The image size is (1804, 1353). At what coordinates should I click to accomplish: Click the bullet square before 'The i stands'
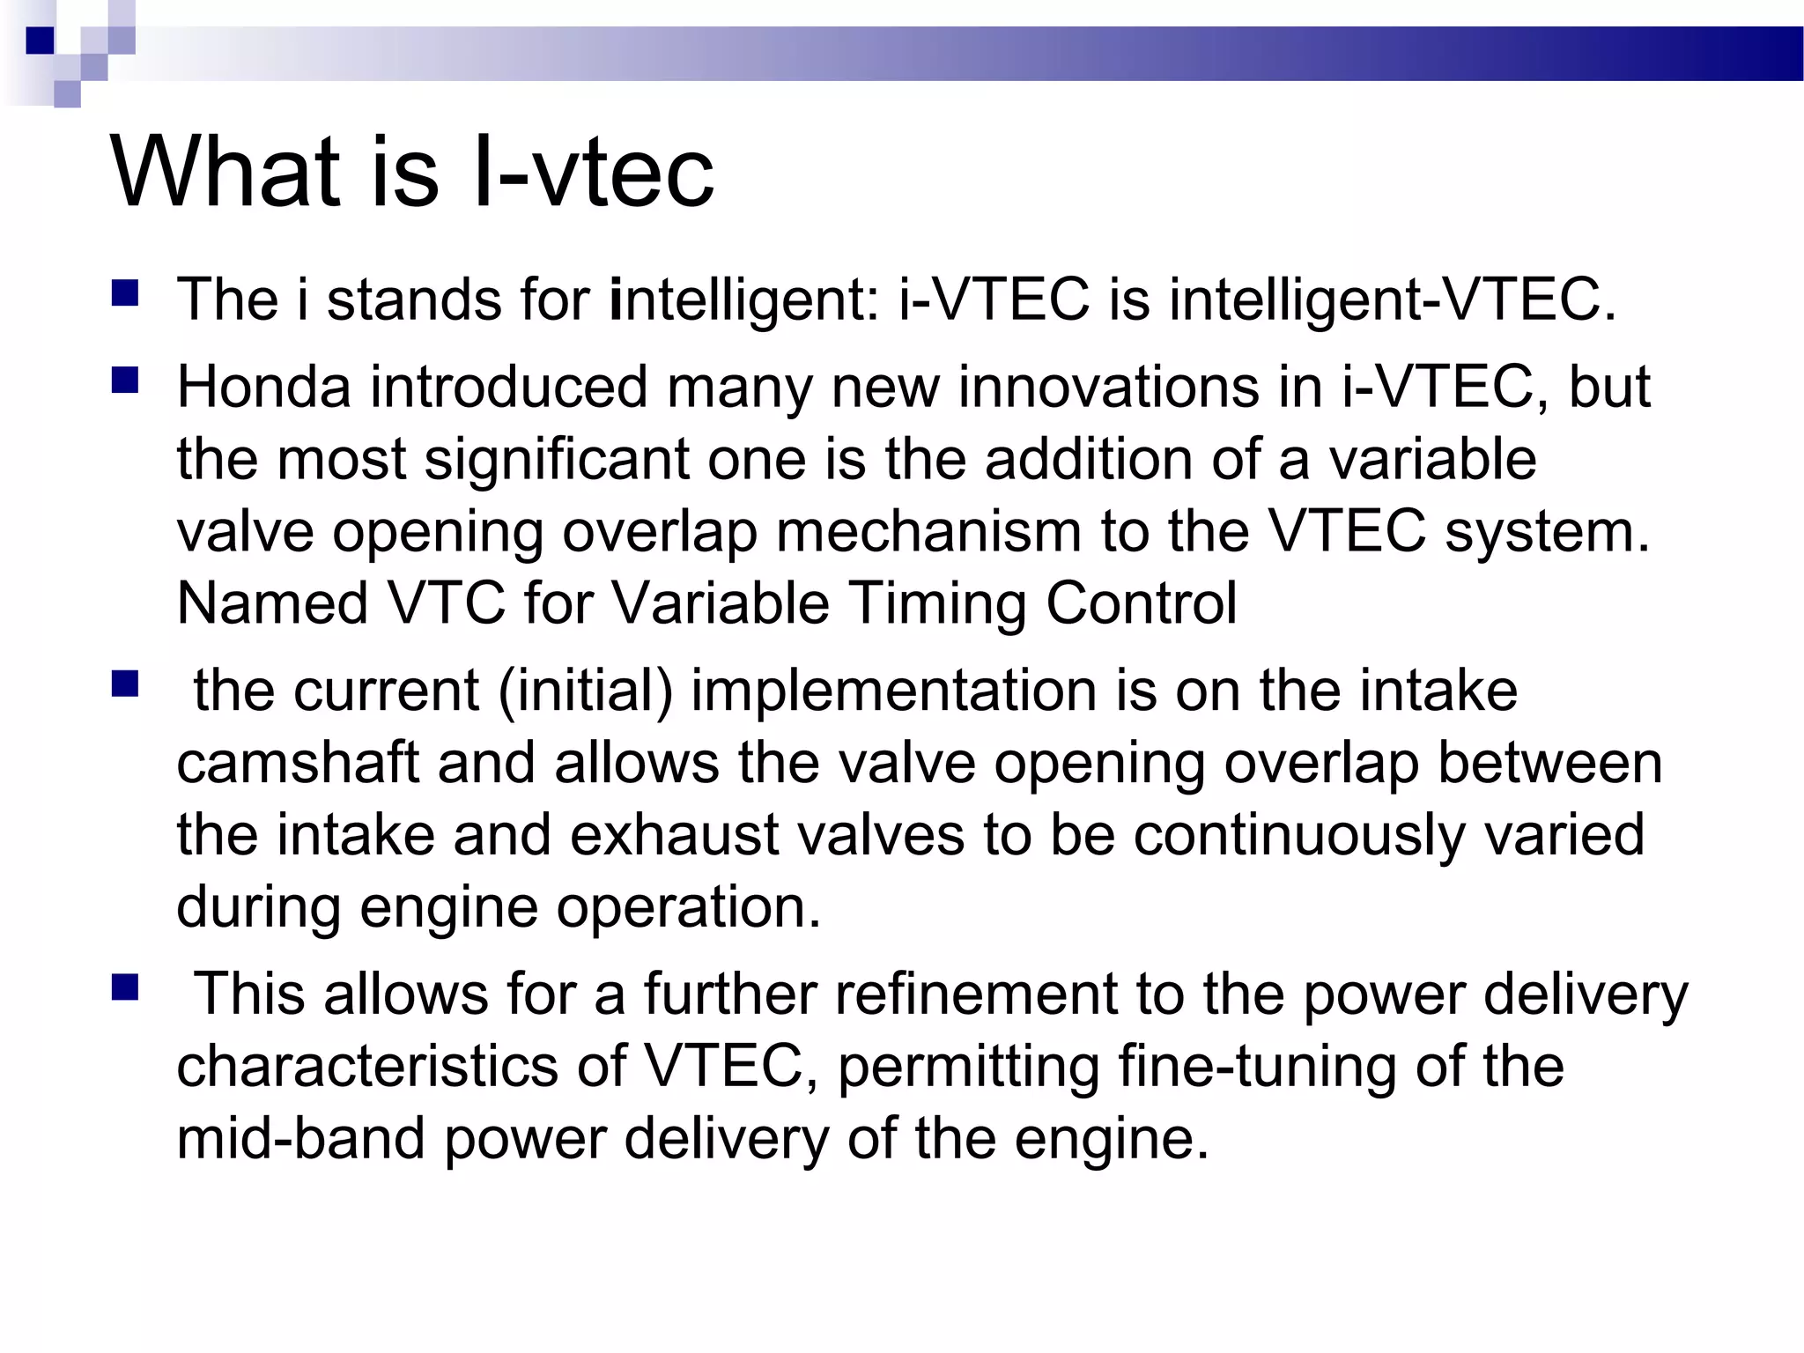(125, 293)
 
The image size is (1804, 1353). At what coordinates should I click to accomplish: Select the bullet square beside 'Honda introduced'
(125, 381)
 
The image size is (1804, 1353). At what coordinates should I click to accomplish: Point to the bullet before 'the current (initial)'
(125, 684)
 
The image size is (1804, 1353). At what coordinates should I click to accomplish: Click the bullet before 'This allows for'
(125, 988)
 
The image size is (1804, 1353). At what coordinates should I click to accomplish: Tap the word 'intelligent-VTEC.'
(1393, 300)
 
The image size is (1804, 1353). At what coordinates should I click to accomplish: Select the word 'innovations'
(1109, 388)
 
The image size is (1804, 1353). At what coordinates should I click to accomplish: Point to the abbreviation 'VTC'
(447, 604)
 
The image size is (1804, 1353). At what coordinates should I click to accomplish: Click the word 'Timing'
(937, 604)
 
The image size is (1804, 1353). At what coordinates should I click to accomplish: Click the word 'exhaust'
(674, 835)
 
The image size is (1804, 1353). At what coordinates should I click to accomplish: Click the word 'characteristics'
(367, 1067)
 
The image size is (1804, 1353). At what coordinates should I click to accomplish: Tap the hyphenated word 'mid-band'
(300, 1139)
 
